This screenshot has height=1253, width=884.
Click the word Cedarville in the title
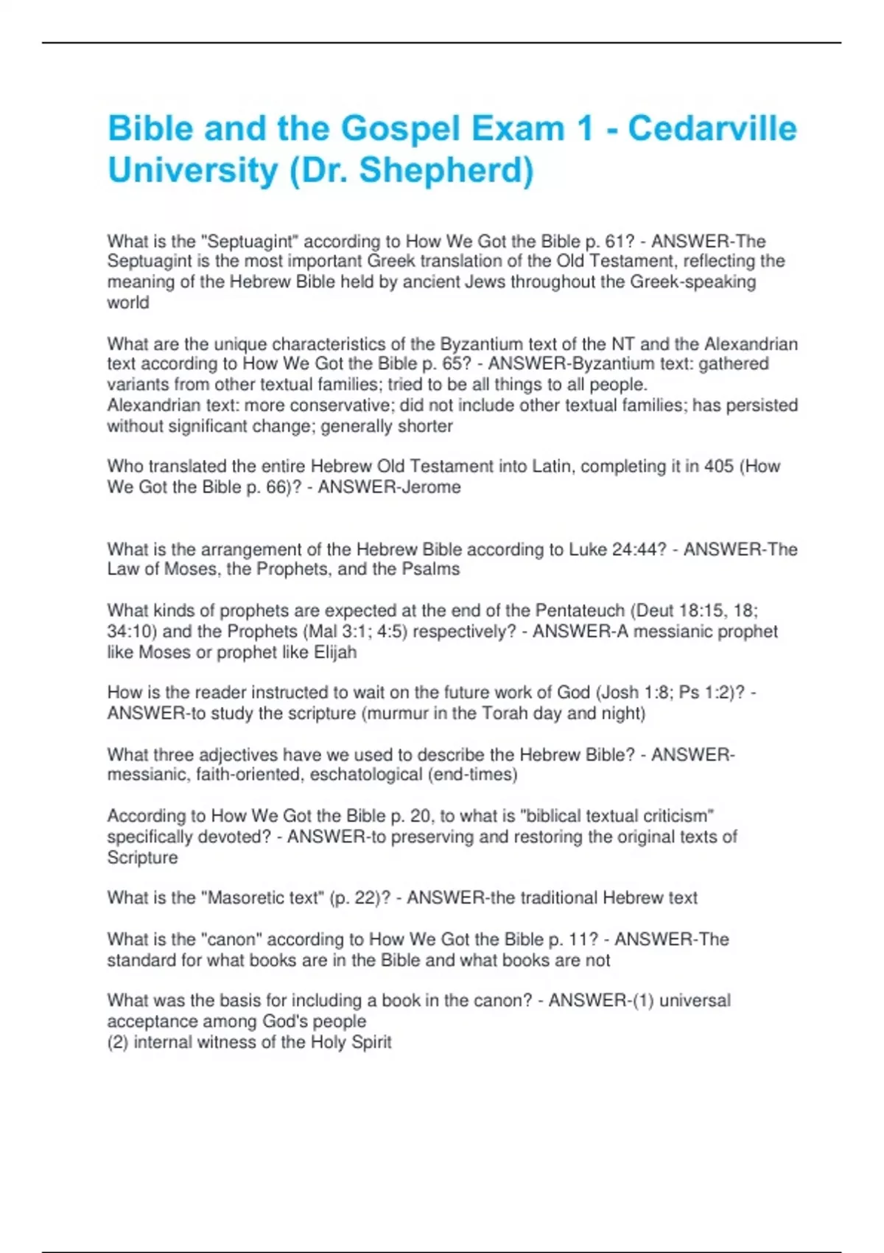coord(712,128)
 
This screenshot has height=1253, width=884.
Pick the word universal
coord(695,1000)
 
